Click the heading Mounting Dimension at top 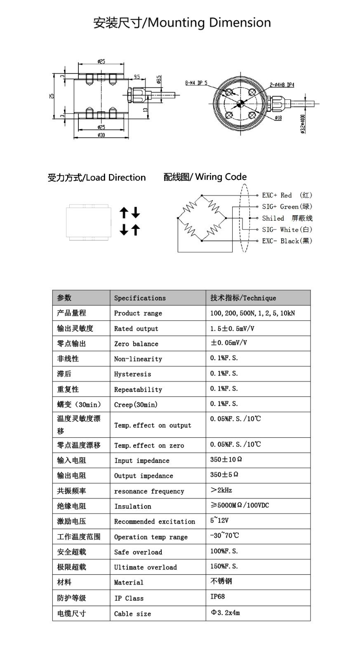coord(182,23)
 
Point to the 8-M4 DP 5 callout coord(196,83)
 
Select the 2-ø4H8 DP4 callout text coord(282,85)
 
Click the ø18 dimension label coord(278,118)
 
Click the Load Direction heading coord(97,178)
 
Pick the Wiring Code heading coord(205,177)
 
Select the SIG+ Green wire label coord(287,207)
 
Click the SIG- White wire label coord(287,230)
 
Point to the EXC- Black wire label coord(287,241)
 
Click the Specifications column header coord(140,298)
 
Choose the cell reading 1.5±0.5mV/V coord(232,328)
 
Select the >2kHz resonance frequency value coord(221,490)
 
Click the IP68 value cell coord(218,596)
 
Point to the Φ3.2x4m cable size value coord(225,613)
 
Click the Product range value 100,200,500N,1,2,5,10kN coord(252,313)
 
